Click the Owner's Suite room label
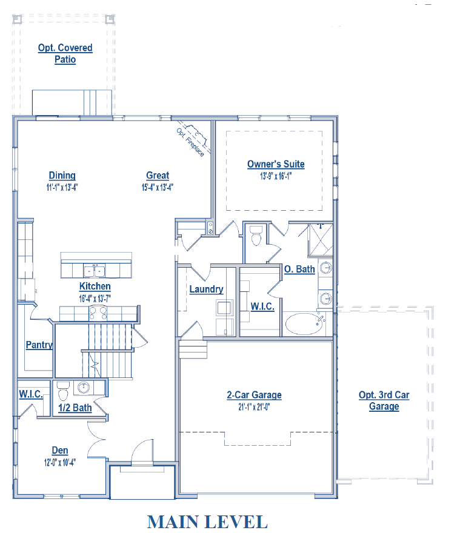click(x=276, y=164)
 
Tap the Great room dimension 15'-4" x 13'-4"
click(x=158, y=187)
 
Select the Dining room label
click(x=62, y=176)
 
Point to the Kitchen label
click(x=95, y=286)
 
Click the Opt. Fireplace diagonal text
click(x=190, y=142)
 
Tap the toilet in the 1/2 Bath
click(x=63, y=391)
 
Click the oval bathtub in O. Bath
click(x=304, y=324)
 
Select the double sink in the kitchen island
click(x=95, y=271)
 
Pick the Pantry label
click(x=39, y=345)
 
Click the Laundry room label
click(x=206, y=290)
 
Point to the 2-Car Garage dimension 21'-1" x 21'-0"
click(x=254, y=407)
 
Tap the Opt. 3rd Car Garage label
click(x=384, y=400)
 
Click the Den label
click(x=60, y=451)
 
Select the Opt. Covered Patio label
click(x=65, y=53)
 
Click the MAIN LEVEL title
click(x=207, y=521)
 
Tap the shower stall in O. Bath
click(x=320, y=240)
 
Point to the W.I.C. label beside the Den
click(x=31, y=394)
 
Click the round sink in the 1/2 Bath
click(x=84, y=387)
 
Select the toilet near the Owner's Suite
click(x=256, y=235)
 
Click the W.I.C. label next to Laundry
click(x=262, y=306)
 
